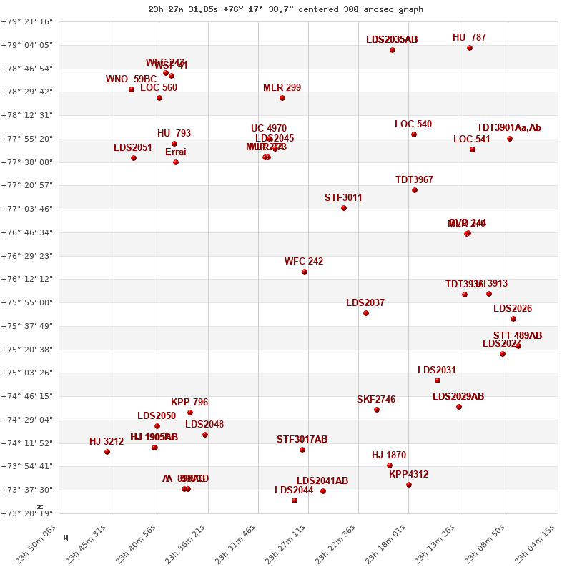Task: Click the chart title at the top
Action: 285,9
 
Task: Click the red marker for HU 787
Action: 470,48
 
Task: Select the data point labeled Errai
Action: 176,162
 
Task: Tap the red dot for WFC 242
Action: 305,272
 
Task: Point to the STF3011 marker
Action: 344,208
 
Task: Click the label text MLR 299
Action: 282,88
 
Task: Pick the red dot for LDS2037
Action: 366,313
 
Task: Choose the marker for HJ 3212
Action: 107,452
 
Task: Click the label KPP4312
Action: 409,475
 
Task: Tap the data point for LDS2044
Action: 295,500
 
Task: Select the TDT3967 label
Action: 414,180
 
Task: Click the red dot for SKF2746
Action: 377,410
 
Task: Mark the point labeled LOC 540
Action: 414,134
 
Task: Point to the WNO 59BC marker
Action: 132,89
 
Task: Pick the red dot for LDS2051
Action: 134,158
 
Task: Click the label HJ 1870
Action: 389,455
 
